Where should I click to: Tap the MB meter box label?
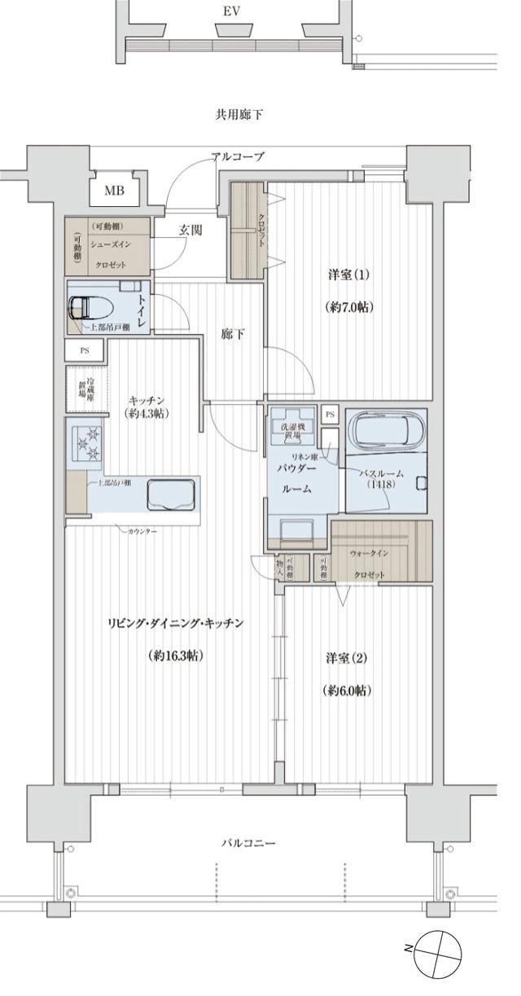pyautogui.click(x=114, y=191)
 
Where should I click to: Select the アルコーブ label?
pyautogui.click(x=238, y=156)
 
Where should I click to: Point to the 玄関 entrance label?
pyautogui.click(x=190, y=230)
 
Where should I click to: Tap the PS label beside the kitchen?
pyautogui.click(x=85, y=351)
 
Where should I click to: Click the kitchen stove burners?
pyautogui.click(x=87, y=445)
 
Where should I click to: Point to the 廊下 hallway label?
pyautogui.click(x=233, y=334)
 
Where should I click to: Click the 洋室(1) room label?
pyautogui.click(x=348, y=274)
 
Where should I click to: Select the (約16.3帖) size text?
pyautogui.click(x=176, y=656)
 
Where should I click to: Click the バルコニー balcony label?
pyautogui.click(x=248, y=843)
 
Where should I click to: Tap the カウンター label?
pyautogui.click(x=142, y=532)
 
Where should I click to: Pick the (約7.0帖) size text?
pyautogui.click(x=348, y=307)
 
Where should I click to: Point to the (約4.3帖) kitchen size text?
pyautogui.click(x=148, y=414)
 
